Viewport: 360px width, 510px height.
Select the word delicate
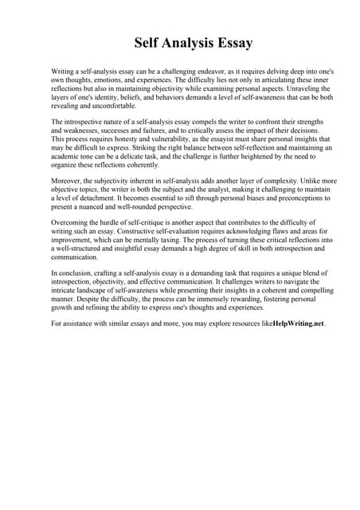point(142,156)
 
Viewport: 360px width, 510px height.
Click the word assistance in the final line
point(80,324)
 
